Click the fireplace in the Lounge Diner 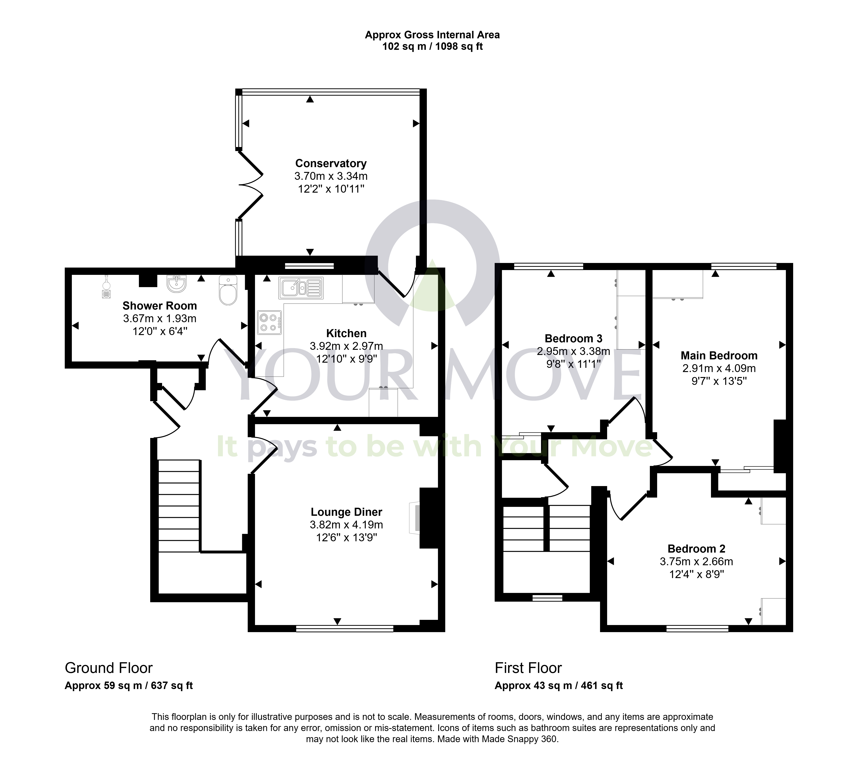(x=415, y=518)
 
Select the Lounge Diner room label (x=346, y=512)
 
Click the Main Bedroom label (x=719, y=356)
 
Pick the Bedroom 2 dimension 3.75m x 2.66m (x=696, y=562)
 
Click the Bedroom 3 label (x=573, y=339)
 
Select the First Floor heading (x=528, y=668)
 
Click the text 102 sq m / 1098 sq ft (x=433, y=47)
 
